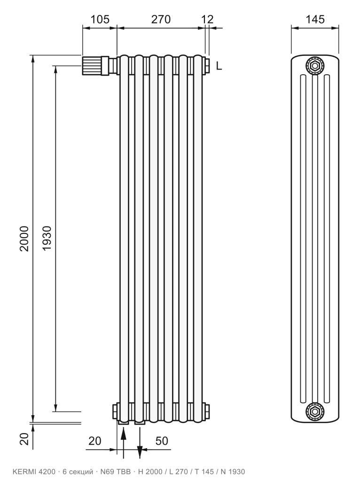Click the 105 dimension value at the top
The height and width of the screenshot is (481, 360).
point(100,19)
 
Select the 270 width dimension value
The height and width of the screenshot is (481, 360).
point(161,19)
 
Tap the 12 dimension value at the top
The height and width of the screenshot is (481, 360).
point(207,19)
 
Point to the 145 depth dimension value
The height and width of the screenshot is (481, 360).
point(315,19)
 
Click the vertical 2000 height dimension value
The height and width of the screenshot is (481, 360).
point(24,239)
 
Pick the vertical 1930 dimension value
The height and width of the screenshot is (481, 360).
point(47,238)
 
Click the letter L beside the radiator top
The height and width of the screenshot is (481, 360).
point(219,66)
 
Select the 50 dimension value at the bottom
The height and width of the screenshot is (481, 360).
point(162,441)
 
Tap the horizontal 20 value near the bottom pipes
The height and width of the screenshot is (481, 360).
point(94,441)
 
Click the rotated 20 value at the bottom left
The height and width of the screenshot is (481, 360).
point(24,439)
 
